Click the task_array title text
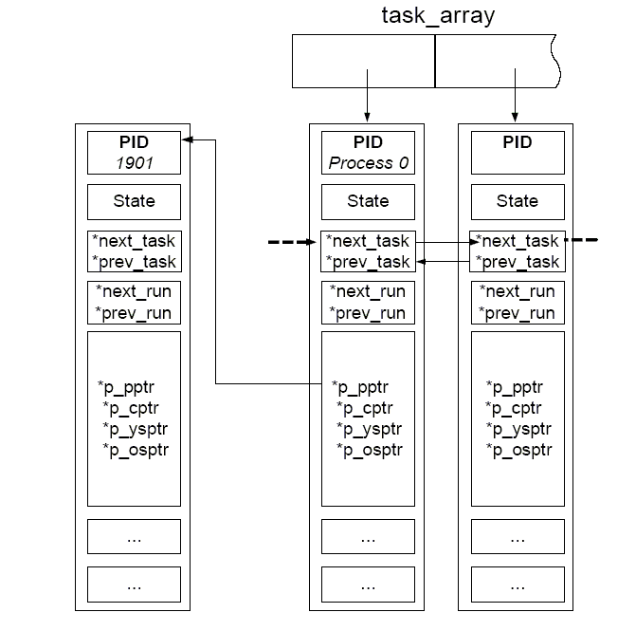[438, 16]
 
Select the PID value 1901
[135, 163]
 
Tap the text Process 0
[369, 163]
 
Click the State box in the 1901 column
[134, 202]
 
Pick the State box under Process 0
[368, 202]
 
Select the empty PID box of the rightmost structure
[518, 153]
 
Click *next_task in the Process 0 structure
[368, 241]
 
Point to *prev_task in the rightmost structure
[518, 262]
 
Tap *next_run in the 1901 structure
[134, 291]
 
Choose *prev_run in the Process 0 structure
[367, 313]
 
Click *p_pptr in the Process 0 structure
[360, 387]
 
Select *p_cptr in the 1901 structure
[131, 408]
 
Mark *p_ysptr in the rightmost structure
[518, 429]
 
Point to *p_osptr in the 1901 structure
[136, 450]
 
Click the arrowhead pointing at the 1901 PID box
[187, 139]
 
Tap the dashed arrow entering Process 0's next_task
[292, 242]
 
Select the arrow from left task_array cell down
[367, 96]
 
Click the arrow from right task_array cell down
[515, 95]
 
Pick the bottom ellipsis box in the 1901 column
[134, 585]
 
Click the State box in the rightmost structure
[518, 202]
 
